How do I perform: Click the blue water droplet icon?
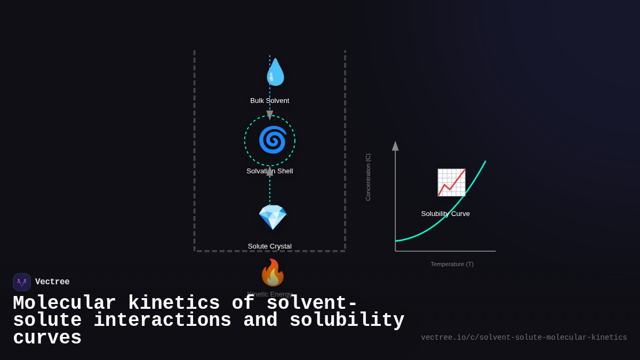tap(275, 73)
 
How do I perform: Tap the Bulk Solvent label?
tap(270, 101)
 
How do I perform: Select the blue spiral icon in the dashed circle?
tap(273, 140)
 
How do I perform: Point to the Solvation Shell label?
tap(270, 171)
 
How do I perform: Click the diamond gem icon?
tap(273, 217)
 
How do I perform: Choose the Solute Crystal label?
tap(270, 246)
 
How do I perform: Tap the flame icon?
tap(273, 273)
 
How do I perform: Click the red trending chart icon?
tap(451, 182)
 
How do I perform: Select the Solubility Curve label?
tap(445, 214)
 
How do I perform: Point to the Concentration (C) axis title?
tap(368, 177)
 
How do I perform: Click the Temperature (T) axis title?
tap(452, 264)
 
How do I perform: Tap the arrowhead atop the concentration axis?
tap(395, 146)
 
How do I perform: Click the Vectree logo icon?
tap(22, 282)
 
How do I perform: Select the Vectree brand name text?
tap(52, 282)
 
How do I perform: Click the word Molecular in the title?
tap(64, 303)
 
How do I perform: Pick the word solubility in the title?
tap(347, 321)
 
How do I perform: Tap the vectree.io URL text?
tap(524, 338)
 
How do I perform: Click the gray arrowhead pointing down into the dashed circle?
tap(270, 115)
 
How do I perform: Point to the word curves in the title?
tap(47, 338)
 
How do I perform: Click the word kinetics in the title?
tap(174, 303)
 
